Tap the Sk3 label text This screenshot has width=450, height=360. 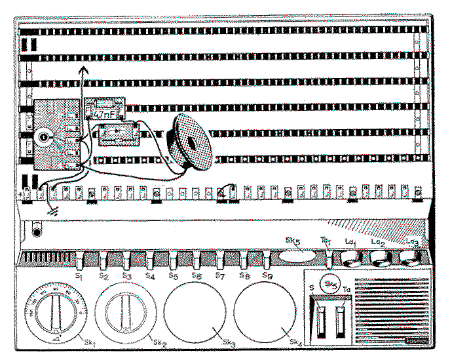[x=229, y=342]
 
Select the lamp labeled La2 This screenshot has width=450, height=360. [x=379, y=260]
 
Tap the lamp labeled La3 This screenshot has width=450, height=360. [x=409, y=260]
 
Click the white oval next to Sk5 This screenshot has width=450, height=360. [x=296, y=257]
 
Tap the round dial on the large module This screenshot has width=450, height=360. [x=45, y=136]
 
